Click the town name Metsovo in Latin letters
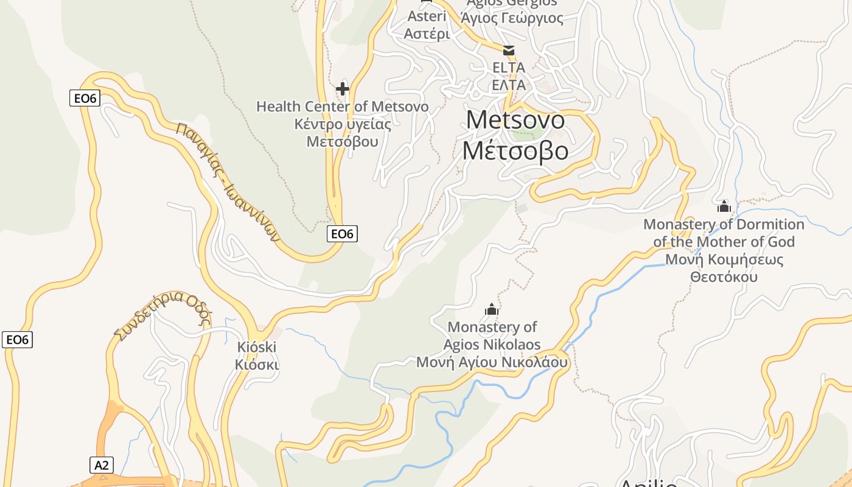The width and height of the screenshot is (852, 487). point(515,120)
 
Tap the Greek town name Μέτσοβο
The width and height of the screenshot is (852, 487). point(515,150)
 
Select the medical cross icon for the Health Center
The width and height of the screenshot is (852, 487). point(343,89)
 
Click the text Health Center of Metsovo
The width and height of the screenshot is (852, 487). point(342,107)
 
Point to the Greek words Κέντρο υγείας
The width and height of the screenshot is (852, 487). point(342,124)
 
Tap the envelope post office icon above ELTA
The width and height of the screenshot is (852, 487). point(508,51)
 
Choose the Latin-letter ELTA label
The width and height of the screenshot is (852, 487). point(508,67)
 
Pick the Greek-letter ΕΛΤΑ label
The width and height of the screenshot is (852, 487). point(508,85)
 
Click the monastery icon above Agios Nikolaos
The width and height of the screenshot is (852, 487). point(491,310)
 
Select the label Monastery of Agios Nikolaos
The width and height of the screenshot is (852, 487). point(492,336)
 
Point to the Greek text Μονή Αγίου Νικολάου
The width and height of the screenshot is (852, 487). point(492,362)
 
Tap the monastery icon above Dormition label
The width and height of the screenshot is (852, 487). point(724,207)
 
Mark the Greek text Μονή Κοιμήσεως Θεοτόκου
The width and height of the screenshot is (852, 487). point(724,268)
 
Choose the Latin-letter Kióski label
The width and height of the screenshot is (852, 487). point(256,347)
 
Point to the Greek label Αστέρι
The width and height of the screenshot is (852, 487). point(427,33)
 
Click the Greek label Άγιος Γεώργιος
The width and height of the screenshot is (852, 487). point(512,18)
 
